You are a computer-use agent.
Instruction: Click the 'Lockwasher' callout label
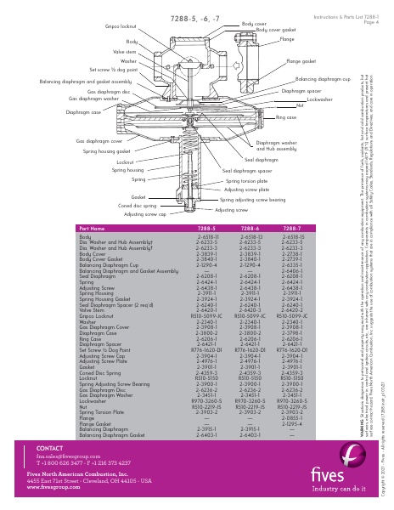pyautogui.click(x=319, y=99)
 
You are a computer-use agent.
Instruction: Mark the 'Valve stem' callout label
pyautogui.click(x=126, y=52)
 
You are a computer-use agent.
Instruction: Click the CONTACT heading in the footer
pyautogui.click(x=51, y=447)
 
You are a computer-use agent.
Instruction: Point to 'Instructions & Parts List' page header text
pyautogui.click(x=343, y=17)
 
